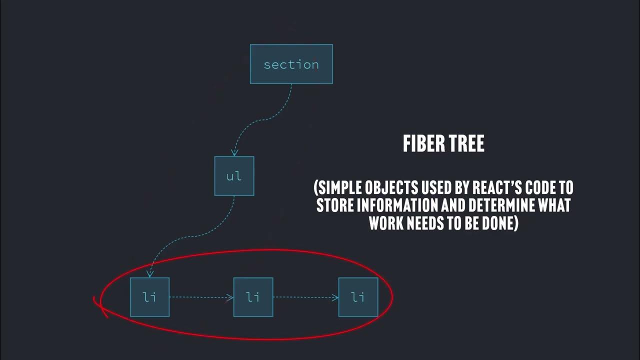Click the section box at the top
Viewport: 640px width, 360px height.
(x=291, y=64)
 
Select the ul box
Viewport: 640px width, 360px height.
(x=234, y=176)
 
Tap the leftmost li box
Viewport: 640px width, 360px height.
(x=149, y=297)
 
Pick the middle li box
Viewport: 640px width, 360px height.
(x=253, y=297)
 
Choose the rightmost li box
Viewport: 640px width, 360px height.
(x=358, y=297)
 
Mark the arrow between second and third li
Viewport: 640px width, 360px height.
(x=305, y=297)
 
